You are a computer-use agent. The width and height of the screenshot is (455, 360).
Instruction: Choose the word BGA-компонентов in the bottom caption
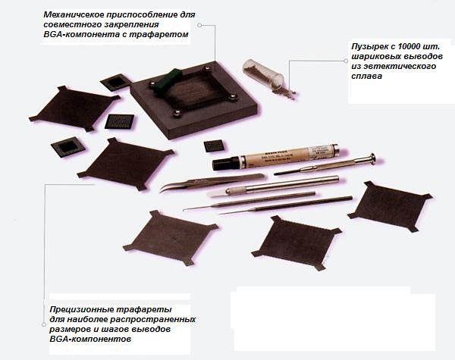90,339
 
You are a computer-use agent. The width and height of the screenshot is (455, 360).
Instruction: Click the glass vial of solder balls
263,73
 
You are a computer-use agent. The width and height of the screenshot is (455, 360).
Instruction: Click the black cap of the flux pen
226,164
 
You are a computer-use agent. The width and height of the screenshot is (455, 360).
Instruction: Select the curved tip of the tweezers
164,189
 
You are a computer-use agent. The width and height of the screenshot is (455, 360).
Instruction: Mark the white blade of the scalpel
217,193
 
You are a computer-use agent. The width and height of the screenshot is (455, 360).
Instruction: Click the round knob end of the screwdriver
372,159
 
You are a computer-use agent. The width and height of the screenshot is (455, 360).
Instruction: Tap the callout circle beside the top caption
199,25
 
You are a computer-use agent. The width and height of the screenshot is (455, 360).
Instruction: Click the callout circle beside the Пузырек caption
346,61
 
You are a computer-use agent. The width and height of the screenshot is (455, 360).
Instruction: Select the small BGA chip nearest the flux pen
214,146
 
